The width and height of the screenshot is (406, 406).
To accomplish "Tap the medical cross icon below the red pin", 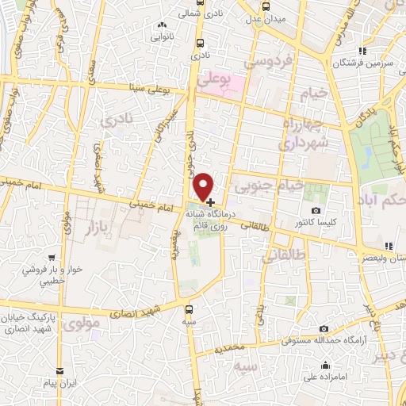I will [x=209, y=202].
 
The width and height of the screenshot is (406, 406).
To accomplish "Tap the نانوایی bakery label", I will [x=163, y=36].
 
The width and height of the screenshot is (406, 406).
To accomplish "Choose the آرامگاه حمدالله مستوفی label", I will [x=324, y=342].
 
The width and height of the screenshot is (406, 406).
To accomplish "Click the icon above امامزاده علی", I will [x=326, y=366].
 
